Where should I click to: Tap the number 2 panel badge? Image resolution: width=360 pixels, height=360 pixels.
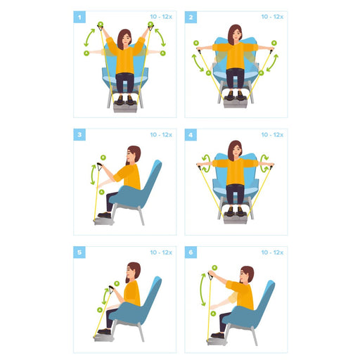click(191, 17)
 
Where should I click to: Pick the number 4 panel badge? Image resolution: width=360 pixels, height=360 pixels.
click(191, 134)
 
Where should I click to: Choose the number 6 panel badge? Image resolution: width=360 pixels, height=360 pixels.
click(191, 252)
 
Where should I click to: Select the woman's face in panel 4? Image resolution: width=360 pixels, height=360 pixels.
click(236, 150)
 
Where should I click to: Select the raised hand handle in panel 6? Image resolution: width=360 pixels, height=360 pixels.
click(210, 276)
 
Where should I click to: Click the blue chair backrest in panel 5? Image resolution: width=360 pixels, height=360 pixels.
click(150, 295)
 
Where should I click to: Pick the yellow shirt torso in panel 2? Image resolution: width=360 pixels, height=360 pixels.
click(236, 56)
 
